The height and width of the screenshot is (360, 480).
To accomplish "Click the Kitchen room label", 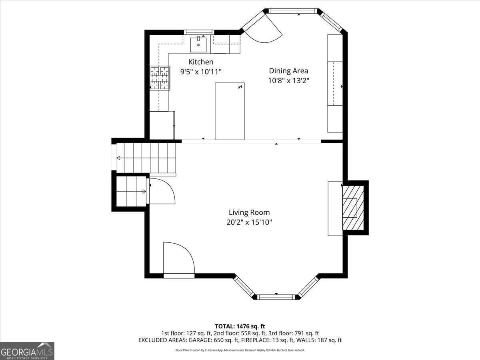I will pyautogui.click(x=201, y=62).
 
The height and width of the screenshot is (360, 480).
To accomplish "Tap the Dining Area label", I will pyautogui.click(x=288, y=71).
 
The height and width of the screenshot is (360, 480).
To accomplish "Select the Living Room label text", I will pyautogui.click(x=249, y=212).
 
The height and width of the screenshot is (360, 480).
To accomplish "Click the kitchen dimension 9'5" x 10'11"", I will pyautogui.click(x=201, y=72).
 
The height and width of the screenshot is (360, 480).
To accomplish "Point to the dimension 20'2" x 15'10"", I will pyautogui.click(x=249, y=222).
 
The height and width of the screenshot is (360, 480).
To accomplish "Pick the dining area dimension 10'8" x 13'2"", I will pyautogui.click(x=288, y=80).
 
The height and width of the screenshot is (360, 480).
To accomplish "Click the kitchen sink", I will pyautogui.click(x=198, y=44).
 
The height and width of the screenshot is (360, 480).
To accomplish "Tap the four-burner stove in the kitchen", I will pyautogui.click(x=159, y=78).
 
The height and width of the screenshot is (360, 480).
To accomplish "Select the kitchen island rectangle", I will pyautogui.click(x=230, y=111).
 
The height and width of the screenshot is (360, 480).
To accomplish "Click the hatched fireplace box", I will pyautogui.click(x=353, y=208).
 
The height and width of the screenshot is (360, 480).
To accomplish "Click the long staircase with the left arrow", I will pyautogui.click(x=146, y=158).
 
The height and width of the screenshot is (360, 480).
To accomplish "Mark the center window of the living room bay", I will pyautogui.click(x=276, y=297).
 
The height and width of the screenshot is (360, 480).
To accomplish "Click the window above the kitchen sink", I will pyautogui.click(x=199, y=32).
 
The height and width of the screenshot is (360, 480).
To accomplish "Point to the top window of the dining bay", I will pyautogui.click(x=292, y=11).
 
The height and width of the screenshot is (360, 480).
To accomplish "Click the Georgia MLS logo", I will pyautogui.click(x=27, y=351).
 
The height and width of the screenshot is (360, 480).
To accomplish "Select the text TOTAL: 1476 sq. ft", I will pyautogui.click(x=240, y=326).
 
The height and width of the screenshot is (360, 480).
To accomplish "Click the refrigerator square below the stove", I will pyautogui.click(x=162, y=125).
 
